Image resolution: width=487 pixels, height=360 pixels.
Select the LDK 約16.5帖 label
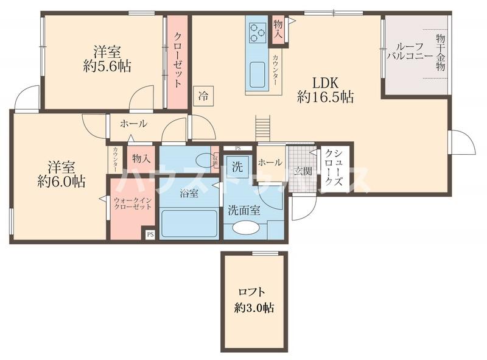pyautogui.click(x=325, y=89)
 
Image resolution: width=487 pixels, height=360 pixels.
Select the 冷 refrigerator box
pyautogui.click(x=203, y=95)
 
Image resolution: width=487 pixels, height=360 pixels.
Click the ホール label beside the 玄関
pyautogui.click(x=270, y=162)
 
